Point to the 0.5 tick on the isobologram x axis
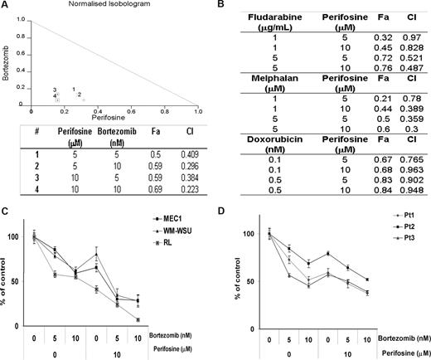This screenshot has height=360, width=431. click(114, 111)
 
